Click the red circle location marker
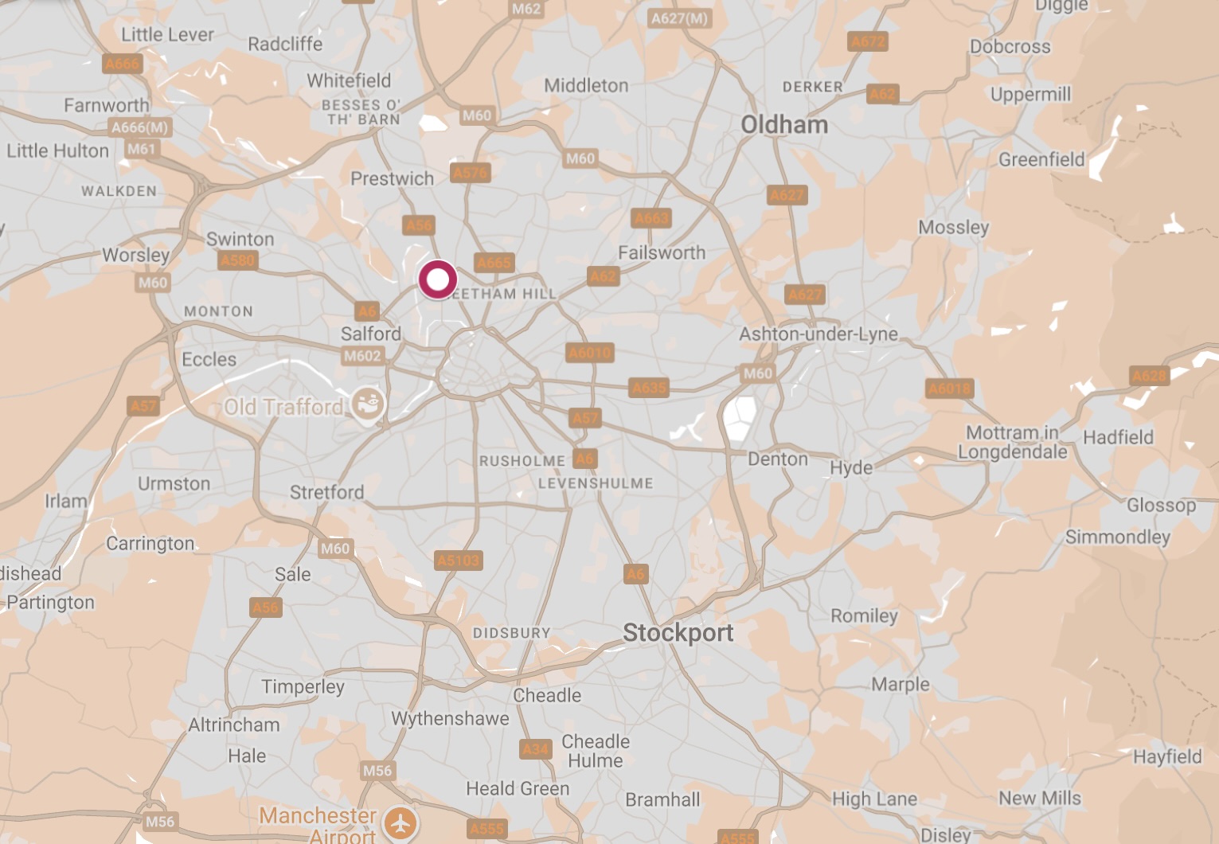click(x=437, y=280)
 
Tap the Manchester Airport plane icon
click(x=400, y=823)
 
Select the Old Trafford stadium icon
click(x=368, y=404)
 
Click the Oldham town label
click(x=784, y=125)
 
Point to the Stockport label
click(x=678, y=633)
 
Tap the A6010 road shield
click(x=590, y=353)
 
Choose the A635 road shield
click(x=649, y=388)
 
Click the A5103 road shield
click(x=459, y=561)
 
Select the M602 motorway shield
click(x=362, y=356)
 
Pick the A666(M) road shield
click(x=140, y=127)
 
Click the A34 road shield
click(x=536, y=749)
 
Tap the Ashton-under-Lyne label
click(x=819, y=334)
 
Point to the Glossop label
click(x=1161, y=505)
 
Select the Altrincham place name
click(x=234, y=725)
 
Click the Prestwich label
click(x=393, y=178)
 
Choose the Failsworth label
click(x=662, y=252)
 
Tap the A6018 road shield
click(x=950, y=389)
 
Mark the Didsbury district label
click(x=511, y=633)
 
